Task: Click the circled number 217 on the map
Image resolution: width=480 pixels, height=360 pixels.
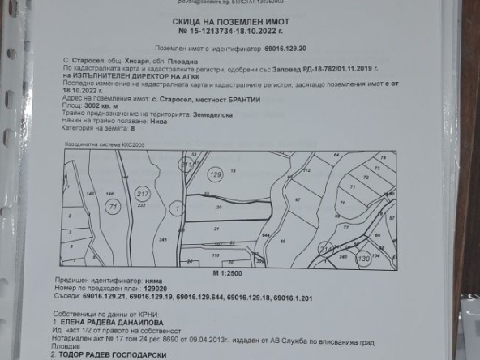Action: click(x=143, y=194)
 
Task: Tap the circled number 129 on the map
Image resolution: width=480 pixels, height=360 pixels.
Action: click(x=215, y=174)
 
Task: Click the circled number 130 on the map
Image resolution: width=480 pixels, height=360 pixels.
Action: click(x=363, y=257)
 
